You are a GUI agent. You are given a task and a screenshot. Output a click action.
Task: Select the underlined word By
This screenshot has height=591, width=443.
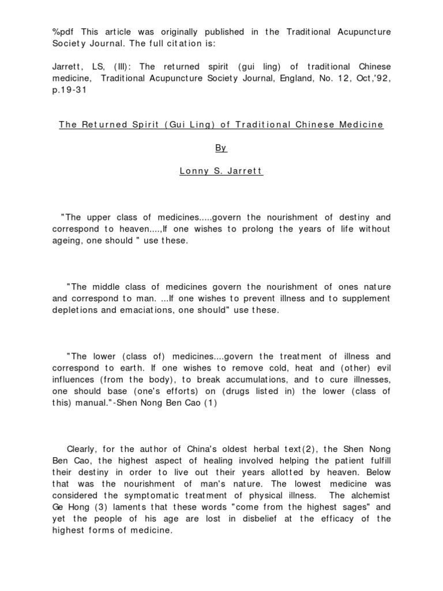(x=221, y=148)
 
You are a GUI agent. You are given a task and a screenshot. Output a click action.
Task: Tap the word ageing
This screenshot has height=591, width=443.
(x=67, y=240)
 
